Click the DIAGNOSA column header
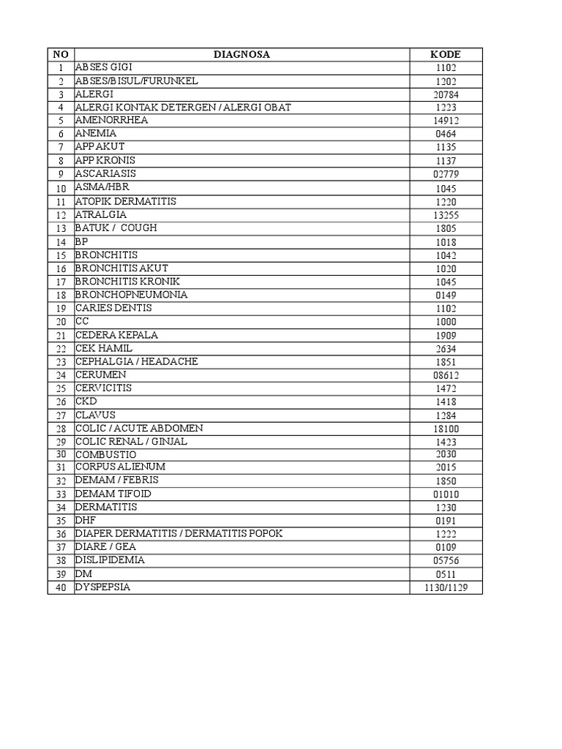pyautogui.click(x=241, y=54)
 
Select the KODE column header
pyautogui.click(x=445, y=54)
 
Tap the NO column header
pyautogui.click(x=61, y=54)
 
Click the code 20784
pyautogui.click(x=445, y=94)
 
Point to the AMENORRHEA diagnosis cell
pyautogui.click(x=111, y=121)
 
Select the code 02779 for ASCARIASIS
pyautogui.click(x=445, y=174)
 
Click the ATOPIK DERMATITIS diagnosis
pyautogui.click(x=125, y=201)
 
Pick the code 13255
pyautogui.click(x=445, y=215)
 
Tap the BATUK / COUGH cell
pyautogui.click(x=116, y=227)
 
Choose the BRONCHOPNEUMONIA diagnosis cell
pyautogui.click(x=131, y=295)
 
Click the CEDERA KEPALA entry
pyautogui.click(x=116, y=335)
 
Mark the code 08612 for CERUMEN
pyautogui.click(x=445, y=375)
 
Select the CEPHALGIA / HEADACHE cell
pyautogui.click(x=136, y=361)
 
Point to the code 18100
pyautogui.click(x=445, y=429)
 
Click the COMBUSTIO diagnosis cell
pyautogui.click(x=105, y=454)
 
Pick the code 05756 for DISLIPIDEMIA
pyautogui.click(x=445, y=561)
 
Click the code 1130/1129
pyautogui.click(x=445, y=588)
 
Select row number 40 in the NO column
pyautogui.click(x=61, y=588)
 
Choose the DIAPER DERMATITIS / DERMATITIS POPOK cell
pyautogui.click(x=179, y=534)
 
